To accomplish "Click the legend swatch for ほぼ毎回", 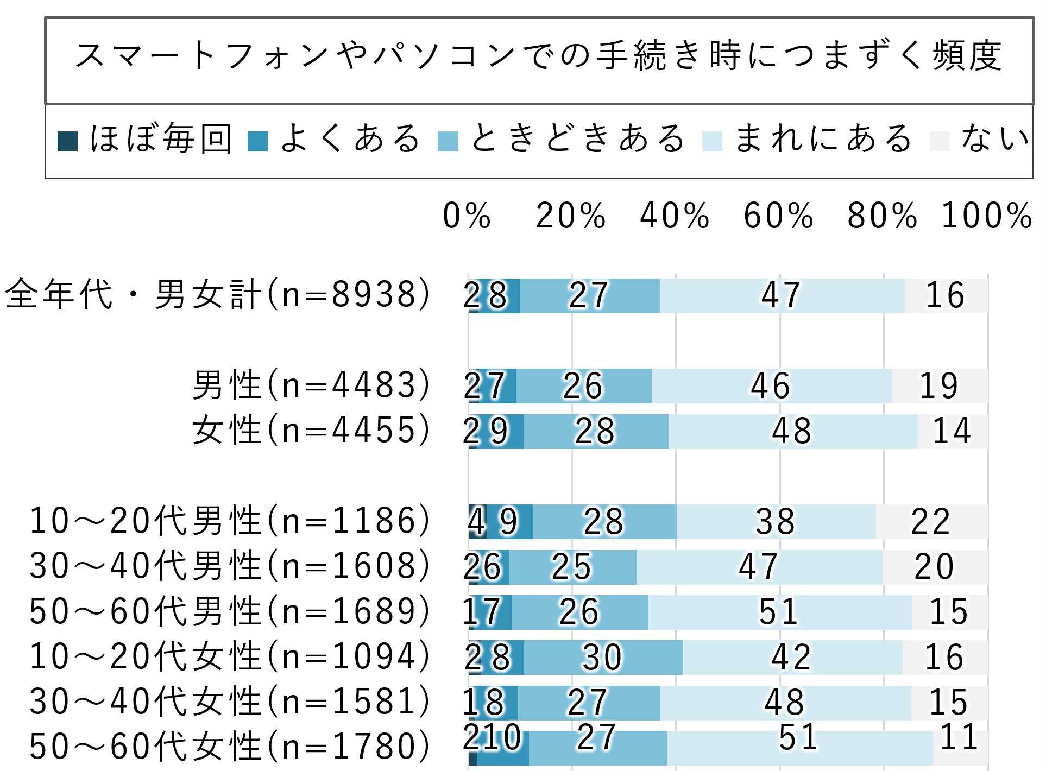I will (x=68, y=141).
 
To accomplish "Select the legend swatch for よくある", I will (x=257, y=141).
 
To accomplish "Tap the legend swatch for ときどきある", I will (x=448, y=141).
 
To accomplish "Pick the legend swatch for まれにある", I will (x=712, y=141).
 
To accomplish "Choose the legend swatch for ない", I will (x=940, y=141).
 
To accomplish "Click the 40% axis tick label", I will (x=675, y=216).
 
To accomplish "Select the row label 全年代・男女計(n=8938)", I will (x=217, y=295).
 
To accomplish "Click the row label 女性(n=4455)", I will (x=311, y=430).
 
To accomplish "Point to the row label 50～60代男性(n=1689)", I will (x=229, y=611).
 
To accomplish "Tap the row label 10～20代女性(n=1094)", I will (x=229, y=656).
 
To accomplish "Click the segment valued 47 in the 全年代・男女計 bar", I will (x=782, y=296).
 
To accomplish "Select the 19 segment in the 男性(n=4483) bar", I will (x=939, y=386).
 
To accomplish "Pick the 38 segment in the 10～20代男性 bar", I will (x=776, y=522).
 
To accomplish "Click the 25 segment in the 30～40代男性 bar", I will (x=572, y=567).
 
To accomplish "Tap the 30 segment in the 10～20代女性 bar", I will (x=603, y=658).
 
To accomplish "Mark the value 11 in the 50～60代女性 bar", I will (x=960, y=738).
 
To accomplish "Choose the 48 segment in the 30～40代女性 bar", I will (x=785, y=703).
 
